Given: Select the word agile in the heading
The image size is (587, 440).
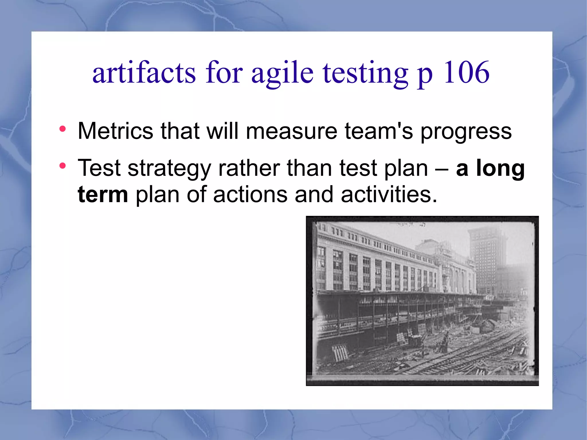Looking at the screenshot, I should coord(282,74).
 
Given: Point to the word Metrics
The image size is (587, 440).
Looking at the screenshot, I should coord(115,131).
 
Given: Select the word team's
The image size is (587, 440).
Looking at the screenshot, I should coord(379,131).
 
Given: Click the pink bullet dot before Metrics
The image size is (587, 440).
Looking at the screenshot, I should coord(62,129).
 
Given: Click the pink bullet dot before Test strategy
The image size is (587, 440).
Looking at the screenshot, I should coord(62,166).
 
